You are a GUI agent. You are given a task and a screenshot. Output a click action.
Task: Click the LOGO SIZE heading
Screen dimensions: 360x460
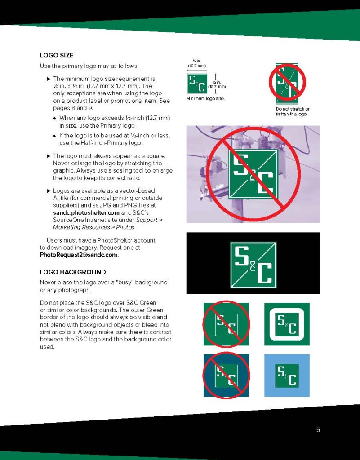point(56,55)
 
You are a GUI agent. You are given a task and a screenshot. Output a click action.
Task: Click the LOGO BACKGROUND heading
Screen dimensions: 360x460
point(73,272)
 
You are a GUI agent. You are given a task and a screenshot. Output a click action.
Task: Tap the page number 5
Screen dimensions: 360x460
point(318,430)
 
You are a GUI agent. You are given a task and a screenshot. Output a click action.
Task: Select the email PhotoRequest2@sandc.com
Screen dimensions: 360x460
point(79,255)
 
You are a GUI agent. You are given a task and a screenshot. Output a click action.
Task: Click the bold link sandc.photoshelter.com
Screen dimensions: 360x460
point(86,212)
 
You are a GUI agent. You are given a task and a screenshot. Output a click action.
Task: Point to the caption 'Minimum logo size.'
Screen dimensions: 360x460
point(206,98)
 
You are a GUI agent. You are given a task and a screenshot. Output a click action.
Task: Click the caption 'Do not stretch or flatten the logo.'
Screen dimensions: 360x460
point(293,111)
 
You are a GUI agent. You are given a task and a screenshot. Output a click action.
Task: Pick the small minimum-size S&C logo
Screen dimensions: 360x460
point(197,83)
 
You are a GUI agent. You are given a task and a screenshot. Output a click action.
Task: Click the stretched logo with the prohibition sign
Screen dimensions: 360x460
point(287,83)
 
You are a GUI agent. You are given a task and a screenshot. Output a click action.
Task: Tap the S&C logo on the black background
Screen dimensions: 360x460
point(253,265)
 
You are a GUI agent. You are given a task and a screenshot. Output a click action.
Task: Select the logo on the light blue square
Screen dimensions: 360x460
point(287,376)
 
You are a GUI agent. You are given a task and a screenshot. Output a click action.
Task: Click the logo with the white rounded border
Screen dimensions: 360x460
point(287,324)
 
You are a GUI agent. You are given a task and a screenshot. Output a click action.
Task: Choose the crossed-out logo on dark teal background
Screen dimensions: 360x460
point(226,376)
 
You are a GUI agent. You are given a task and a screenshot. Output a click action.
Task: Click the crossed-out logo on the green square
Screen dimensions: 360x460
point(226,324)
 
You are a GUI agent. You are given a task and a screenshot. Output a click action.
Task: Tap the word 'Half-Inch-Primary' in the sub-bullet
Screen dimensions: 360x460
point(102,143)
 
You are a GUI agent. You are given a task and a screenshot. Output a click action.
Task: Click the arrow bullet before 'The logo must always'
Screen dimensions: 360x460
point(49,156)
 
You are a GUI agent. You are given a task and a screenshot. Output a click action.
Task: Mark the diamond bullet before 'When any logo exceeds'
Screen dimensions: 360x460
point(54,119)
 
